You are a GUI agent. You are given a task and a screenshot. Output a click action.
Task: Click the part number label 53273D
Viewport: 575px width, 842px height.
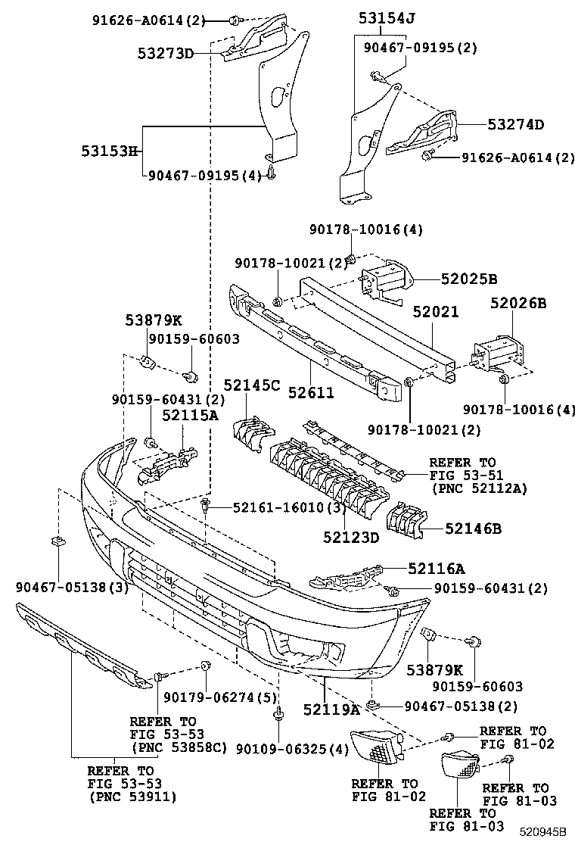click(x=166, y=53)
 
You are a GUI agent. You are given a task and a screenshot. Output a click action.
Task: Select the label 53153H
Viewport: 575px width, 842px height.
click(x=109, y=151)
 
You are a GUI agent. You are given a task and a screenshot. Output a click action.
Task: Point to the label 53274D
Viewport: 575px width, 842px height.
click(x=515, y=125)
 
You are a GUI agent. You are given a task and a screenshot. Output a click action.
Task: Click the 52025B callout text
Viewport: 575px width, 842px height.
click(x=469, y=279)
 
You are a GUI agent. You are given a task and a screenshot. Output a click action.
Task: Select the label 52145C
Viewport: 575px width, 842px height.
click(x=251, y=385)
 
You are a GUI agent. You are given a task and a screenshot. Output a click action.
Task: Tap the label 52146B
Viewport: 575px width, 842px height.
click(x=473, y=529)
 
